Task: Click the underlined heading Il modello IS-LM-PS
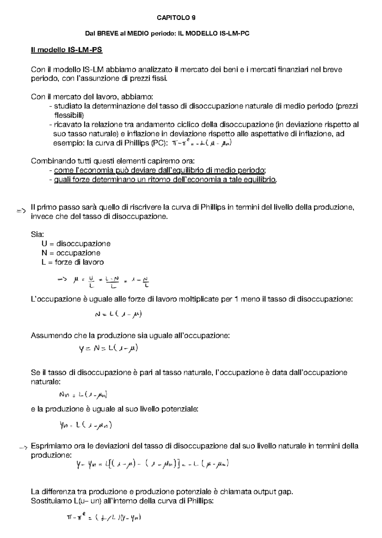67,50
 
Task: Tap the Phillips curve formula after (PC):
201,143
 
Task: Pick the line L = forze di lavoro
72,262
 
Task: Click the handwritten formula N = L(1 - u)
118,314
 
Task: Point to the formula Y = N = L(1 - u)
108,348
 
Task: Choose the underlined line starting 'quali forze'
165,180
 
